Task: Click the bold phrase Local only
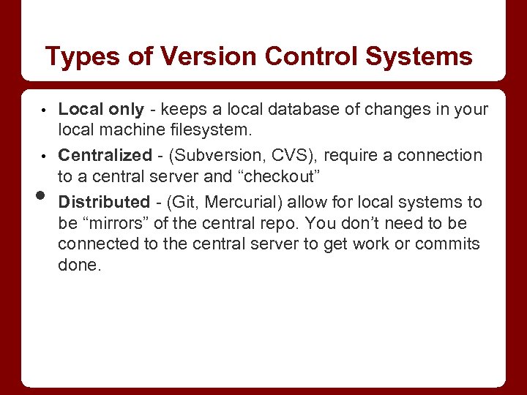pyautogui.click(x=101, y=110)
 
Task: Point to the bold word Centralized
pyautogui.click(x=104, y=155)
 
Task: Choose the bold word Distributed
pyautogui.click(x=103, y=201)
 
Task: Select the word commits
pyautogui.click(x=446, y=244)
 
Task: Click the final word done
pyautogui.click(x=79, y=265)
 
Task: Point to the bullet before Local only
pyautogui.click(x=43, y=111)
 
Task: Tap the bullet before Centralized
pyautogui.click(x=43, y=157)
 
